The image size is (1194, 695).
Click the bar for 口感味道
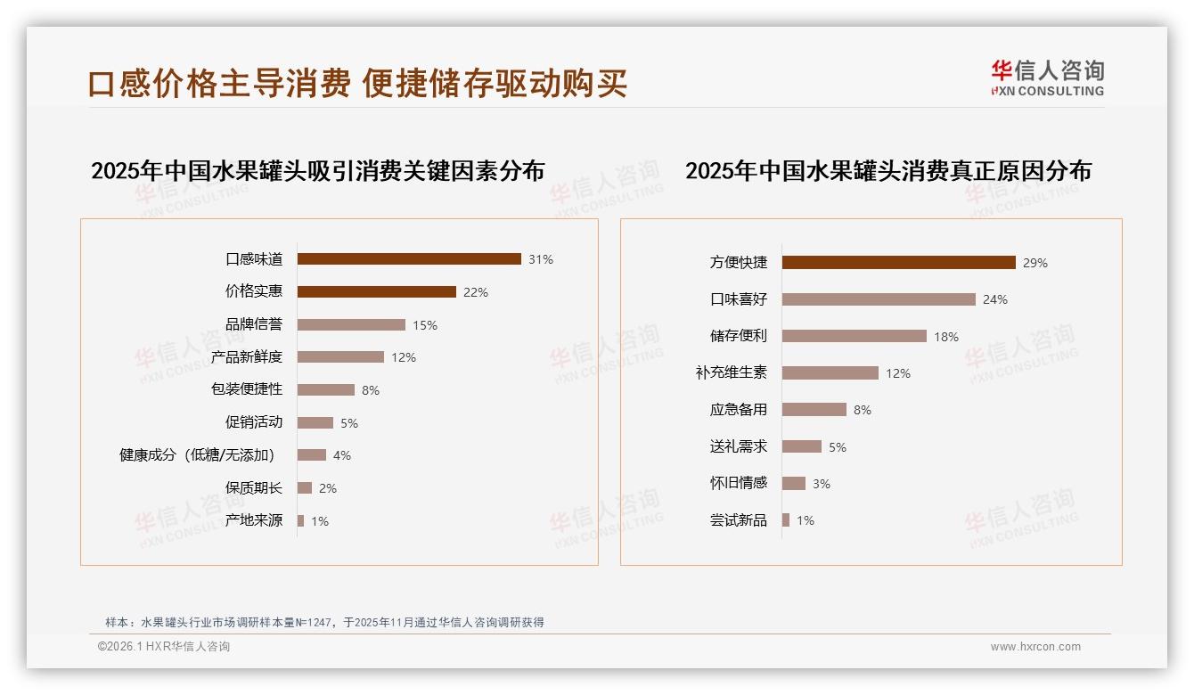coord(409,259)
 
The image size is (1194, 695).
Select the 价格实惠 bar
coord(376,292)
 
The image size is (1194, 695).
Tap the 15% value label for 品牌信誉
coord(425,325)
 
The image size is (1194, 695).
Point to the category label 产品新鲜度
coord(247,357)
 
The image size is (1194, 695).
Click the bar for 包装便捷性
coord(326,390)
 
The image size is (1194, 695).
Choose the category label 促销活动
coord(254,422)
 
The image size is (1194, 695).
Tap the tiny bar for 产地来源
coord(301,520)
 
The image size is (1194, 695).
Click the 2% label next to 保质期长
coord(327,488)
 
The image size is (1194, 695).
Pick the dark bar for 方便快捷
coord(899,263)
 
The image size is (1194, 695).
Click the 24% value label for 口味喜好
coord(995,299)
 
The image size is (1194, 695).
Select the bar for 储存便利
coord(855,336)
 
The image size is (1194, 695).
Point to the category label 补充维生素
coord(732,373)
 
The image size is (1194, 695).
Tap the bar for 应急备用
coord(814,410)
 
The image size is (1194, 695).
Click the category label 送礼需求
coord(739,446)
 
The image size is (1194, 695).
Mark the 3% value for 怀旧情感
coord(821,484)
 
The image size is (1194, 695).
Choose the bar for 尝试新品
coord(786,520)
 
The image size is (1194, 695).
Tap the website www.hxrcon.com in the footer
coord(1035,647)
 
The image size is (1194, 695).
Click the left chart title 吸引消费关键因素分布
coord(317,170)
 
